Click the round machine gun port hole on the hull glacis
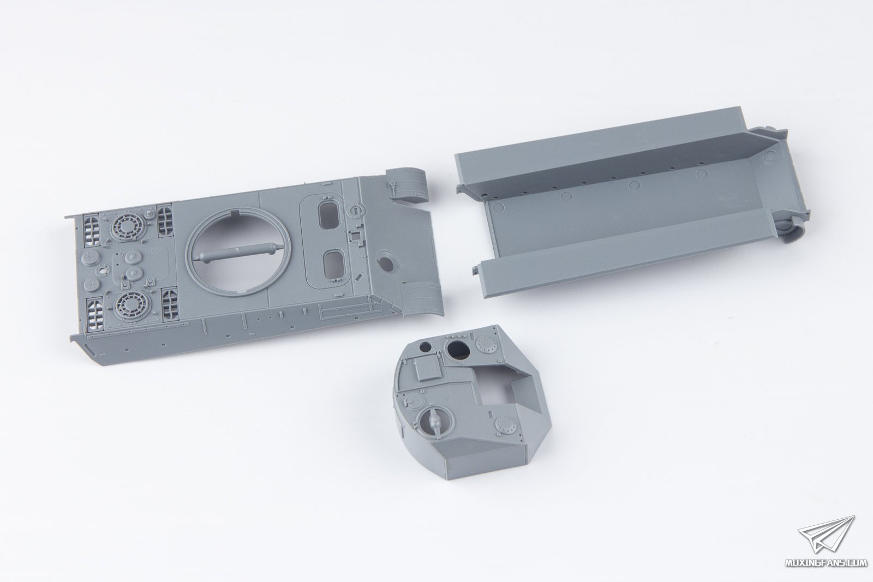point(385,263)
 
